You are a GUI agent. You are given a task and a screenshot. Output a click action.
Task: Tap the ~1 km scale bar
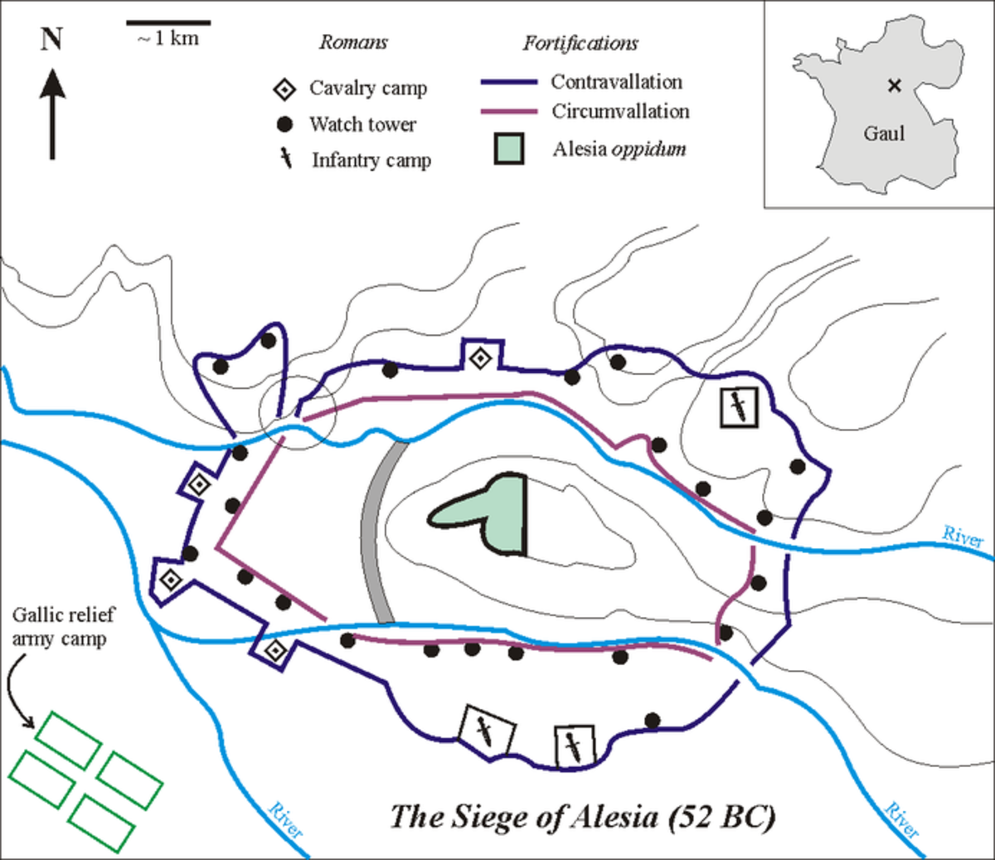(x=168, y=22)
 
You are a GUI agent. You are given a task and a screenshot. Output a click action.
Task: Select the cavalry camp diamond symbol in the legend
(x=284, y=89)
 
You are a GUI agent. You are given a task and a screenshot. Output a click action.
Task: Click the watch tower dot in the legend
(x=284, y=124)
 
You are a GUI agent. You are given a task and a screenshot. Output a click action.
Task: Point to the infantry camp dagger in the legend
(x=286, y=159)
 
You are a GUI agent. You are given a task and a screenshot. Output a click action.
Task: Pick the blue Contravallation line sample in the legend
(x=508, y=82)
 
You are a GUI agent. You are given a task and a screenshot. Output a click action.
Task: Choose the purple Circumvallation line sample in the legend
(x=508, y=111)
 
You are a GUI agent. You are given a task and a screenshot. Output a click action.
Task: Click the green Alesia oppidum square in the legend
(x=508, y=149)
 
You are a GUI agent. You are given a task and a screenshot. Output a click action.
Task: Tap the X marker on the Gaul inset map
(x=894, y=85)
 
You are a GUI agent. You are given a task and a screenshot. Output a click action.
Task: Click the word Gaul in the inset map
(x=884, y=134)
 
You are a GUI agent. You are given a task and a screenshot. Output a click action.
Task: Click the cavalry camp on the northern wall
(x=480, y=358)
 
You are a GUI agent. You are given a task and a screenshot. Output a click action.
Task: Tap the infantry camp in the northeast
(x=737, y=406)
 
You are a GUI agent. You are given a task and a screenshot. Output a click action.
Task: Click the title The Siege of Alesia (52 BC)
(x=582, y=817)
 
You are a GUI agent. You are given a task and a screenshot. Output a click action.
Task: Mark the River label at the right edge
(x=963, y=537)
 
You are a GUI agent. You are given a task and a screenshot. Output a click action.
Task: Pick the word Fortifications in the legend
(x=580, y=43)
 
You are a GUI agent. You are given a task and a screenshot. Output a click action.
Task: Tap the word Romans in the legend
(x=353, y=42)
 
